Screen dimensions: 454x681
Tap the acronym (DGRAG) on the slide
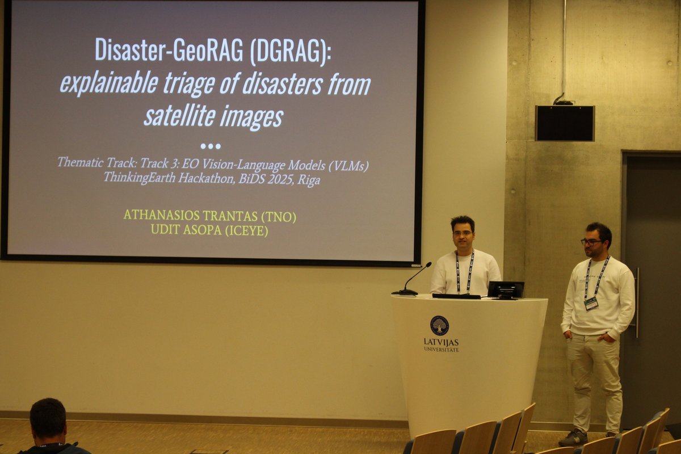(x=290, y=50)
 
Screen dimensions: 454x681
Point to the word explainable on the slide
(x=109, y=83)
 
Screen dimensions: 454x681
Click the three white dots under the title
(x=210, y=146)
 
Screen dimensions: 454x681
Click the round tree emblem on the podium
(x=439, y=325)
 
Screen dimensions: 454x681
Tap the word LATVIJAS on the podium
(x=441, y=342)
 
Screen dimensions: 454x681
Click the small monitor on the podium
(x=505, y=289)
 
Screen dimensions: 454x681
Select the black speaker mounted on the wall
(x=565, y=123)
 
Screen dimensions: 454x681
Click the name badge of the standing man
(x=591, y=304)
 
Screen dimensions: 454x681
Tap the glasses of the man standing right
(x=591, y=242)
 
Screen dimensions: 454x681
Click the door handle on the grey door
(x=636, y=301)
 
